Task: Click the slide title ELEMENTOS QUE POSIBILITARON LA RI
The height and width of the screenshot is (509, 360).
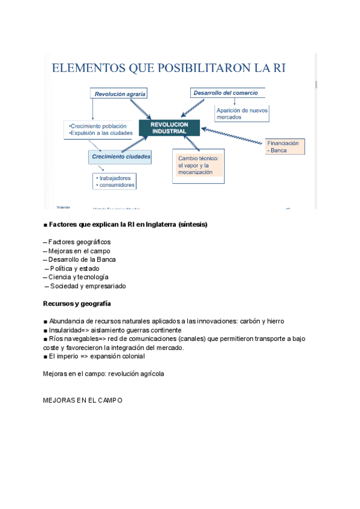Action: click(x=169, y=68)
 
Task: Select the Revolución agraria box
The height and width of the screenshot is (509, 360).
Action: click(x=120, y=94)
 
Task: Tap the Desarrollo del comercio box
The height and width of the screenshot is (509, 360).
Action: click(x=226, y=92)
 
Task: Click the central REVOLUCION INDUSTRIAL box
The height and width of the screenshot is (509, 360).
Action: click(x=169, y=128)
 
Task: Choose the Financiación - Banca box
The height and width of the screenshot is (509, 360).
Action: click(x=285, y=146)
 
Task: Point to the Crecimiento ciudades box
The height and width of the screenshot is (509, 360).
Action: click(x=121, y=157)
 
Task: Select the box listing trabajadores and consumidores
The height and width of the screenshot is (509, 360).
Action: click(x=115, y=181)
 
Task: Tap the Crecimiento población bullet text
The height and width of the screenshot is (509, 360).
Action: click(x=99, y=126)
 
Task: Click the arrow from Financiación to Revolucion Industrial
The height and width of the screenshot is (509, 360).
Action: click(x=234, y=135)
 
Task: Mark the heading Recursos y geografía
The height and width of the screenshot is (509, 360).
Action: click(x=77, y=304)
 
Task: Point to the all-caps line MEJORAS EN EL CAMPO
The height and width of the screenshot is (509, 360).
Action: click(x=82, y=400)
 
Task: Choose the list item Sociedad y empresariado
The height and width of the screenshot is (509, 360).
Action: click(x=88, y=286)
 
